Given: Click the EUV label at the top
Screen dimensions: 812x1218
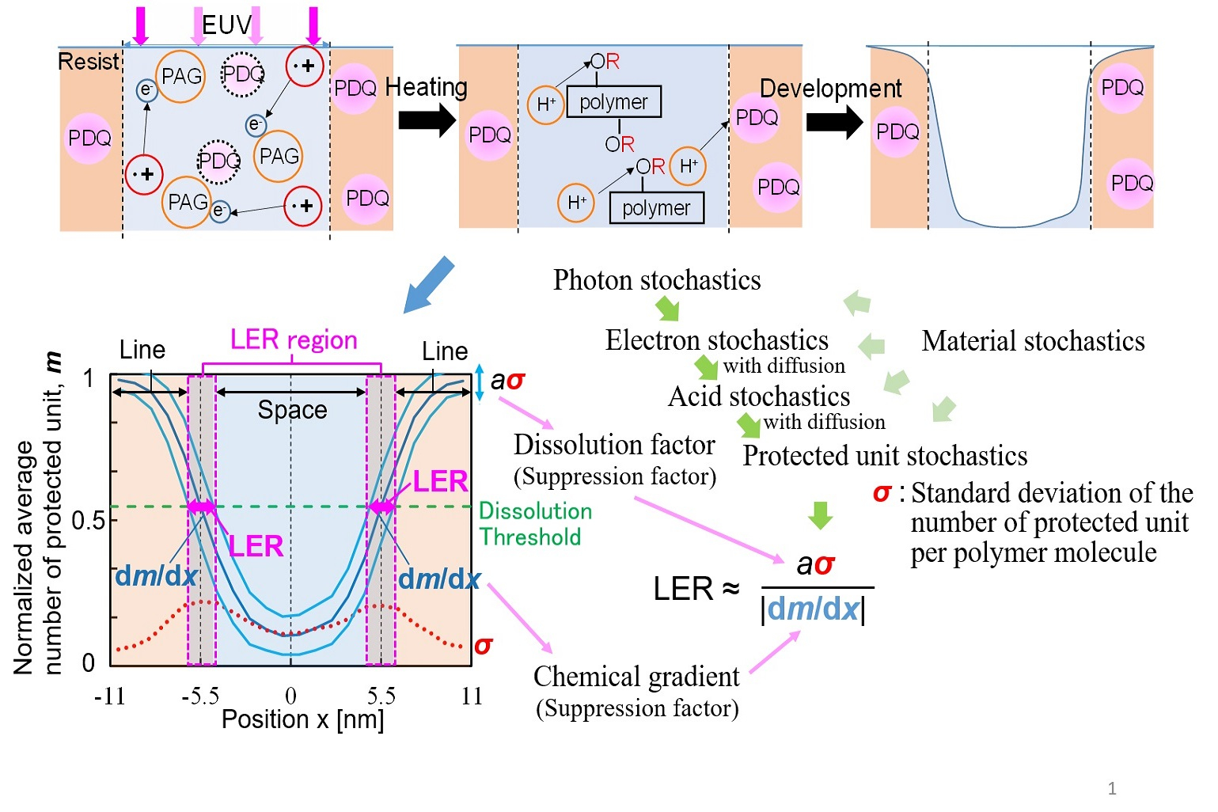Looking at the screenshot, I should pyautogui.click(x=226, y=25).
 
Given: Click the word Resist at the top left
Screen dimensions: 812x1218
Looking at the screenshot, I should pyautogui.click(x=89, y=62).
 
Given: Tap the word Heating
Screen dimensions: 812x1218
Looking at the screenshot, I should pyautogui.click(x=426, y=87).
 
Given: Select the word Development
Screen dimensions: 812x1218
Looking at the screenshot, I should pyautogui.click(x=830, y=89).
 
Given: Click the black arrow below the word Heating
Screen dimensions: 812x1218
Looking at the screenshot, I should pyautogui.click(x=427, y=120).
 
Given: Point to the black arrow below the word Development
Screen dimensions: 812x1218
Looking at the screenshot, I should pyautogui.click(x=834, y=122).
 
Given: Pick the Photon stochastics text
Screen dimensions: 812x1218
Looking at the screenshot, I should pyautogui.click(x=657, y=280).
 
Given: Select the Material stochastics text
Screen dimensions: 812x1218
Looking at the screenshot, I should pyautogui.click(x=1033, y=341).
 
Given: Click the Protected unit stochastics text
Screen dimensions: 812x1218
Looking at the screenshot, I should pyautogui.click(x=885, y=456).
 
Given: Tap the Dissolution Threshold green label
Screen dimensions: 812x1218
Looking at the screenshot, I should pyautogui.click(x=535, y=524).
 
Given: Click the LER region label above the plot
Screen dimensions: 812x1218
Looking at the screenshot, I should pyautogui.click(x=294, y=340).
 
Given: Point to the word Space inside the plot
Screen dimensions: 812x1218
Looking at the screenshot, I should pyautogui.click(x=292, y=410).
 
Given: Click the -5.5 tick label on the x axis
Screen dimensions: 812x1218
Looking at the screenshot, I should pyautogui.click(x=199, y=696).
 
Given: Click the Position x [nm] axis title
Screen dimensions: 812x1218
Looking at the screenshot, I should pyautogui.click(x=302, y=719).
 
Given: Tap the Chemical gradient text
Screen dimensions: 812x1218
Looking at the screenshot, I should pyautogui.click(x=636, y=677).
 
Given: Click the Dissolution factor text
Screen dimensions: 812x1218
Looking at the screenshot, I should pyautogui.click(x=614, y=445).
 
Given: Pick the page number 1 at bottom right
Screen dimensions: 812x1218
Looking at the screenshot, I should pyautogui.click(x=1112, y=788).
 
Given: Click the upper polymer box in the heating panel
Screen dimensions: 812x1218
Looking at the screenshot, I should pyautogui.click(x=613, y=102).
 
